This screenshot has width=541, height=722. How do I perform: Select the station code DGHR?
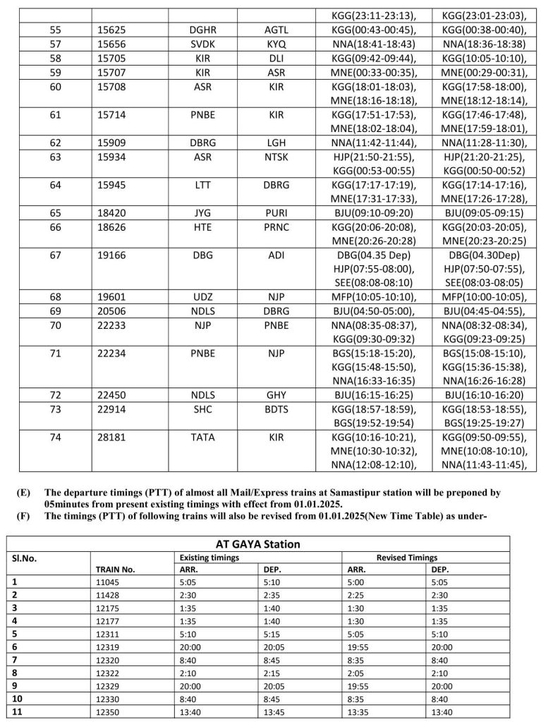(203, 32)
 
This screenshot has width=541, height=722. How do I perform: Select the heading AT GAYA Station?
(258, 544)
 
